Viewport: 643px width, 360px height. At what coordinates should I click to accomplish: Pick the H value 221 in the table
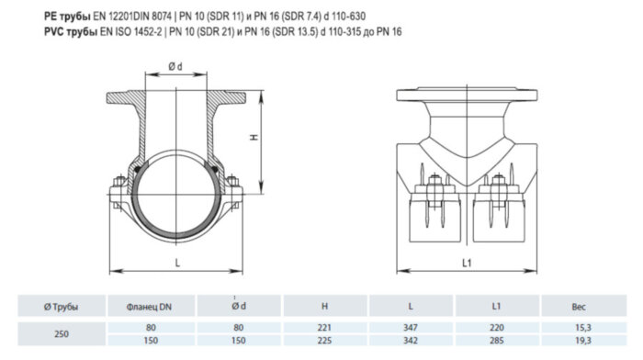pos(321,326)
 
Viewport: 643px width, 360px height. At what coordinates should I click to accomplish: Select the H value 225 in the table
pos(321,340)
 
